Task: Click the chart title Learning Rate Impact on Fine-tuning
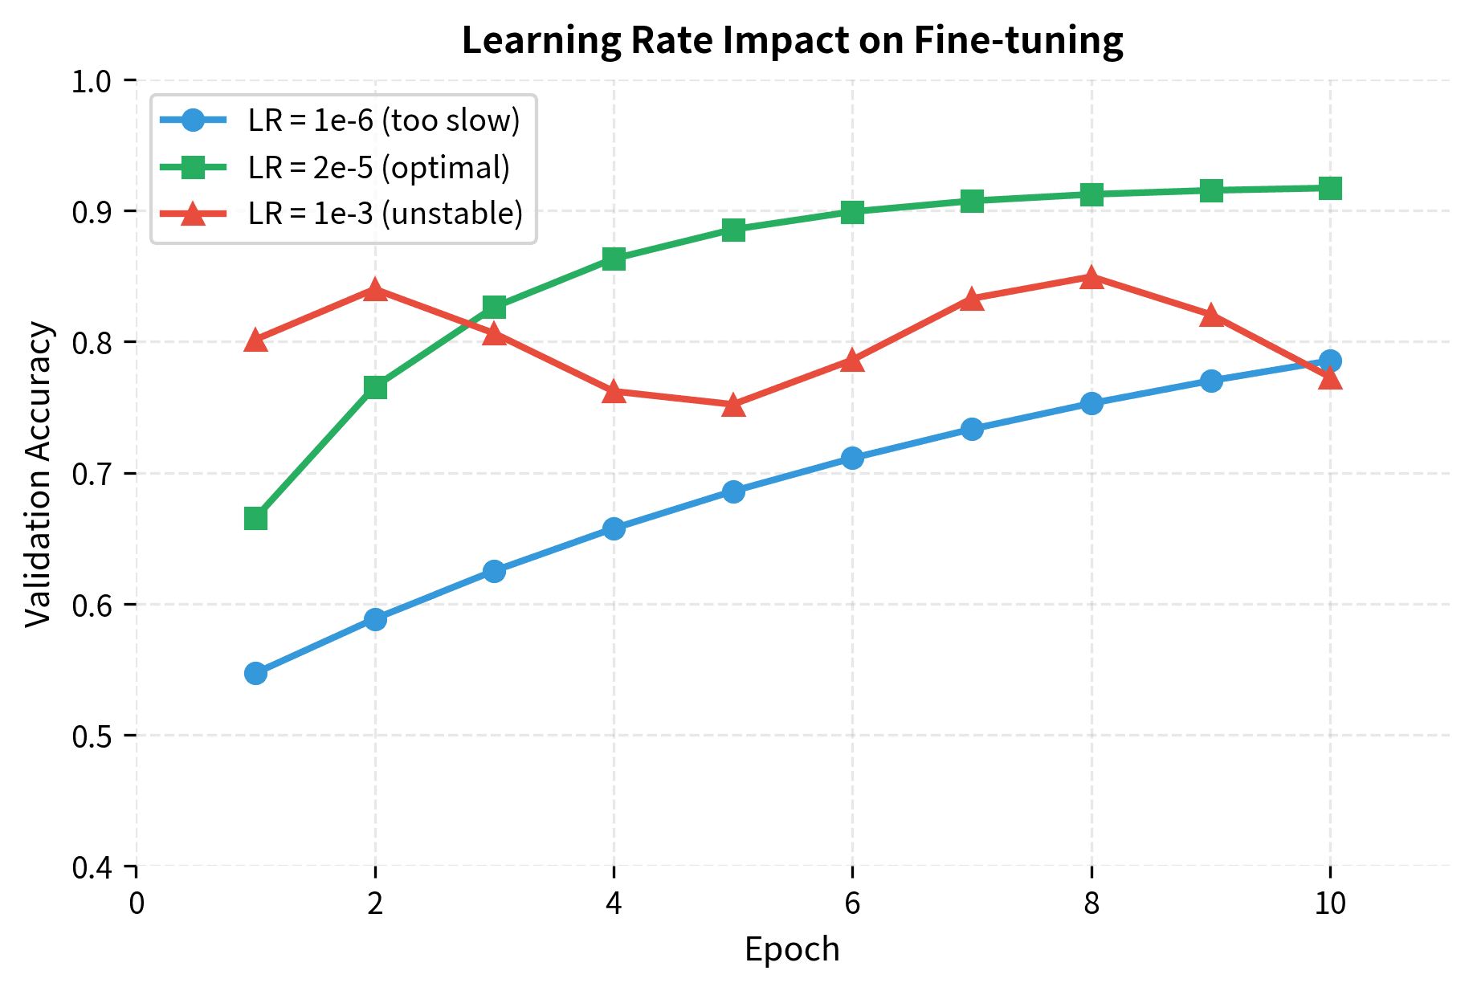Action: point(792,40)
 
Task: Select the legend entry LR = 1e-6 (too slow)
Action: point(384,120)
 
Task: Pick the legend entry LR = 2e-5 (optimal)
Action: point(379,167)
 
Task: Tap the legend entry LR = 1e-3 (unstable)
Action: point(386,214)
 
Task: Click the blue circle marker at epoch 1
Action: point(255,673)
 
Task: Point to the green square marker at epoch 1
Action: point(255,518)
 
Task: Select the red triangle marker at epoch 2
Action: point(375,290)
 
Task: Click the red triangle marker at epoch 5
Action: point(733,406)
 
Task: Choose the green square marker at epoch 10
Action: point(1330,188)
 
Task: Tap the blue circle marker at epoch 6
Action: point(852,458)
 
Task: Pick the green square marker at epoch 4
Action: point(614,259)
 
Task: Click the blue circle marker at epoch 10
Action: point(1330,361)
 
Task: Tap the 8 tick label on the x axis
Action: point(1091,903)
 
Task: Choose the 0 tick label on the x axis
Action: point(137,903)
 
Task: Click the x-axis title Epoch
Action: point(792,950)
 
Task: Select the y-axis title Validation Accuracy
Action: point(39,474)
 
